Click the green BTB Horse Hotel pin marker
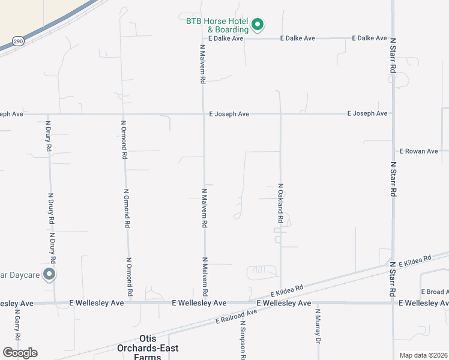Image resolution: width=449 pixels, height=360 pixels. click(x=258, y=25)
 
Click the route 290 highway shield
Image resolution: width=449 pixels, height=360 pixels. click(x=17, y=41)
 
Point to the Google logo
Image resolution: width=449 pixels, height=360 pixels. click(x=20, y=353)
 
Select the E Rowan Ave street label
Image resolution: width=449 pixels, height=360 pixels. click(x=419, y=151)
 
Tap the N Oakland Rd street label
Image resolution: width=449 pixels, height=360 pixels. click(x=280, y=203)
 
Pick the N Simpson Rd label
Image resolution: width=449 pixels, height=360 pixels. click(x=243, y=340)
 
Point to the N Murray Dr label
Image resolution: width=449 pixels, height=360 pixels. click(x=318, y=326)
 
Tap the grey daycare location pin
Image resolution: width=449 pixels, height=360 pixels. click(x=50, y=275)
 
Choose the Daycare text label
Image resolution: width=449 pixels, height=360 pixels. click(x=19, y=275)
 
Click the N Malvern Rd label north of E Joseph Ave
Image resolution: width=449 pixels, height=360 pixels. click(x=203, y=62)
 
